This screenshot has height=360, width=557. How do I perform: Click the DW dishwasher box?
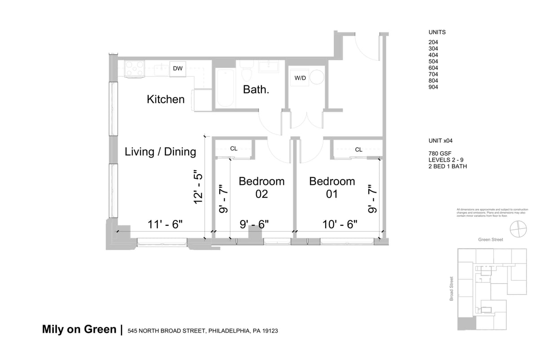[x=178, y=69]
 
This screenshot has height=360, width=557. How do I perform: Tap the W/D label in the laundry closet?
[x=300, y=78]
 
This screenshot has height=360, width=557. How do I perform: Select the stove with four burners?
[x=134, y=69]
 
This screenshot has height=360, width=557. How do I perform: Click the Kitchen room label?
[x=165, y=99]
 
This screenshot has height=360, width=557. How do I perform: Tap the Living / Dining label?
[x=160, y=152]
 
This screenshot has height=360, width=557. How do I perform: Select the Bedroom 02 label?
[x=261, y=188]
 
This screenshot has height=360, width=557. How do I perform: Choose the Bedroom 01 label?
[x=332, y=188]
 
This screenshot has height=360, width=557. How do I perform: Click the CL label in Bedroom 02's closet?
[x=234, y=149]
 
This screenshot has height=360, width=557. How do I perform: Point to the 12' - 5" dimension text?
[x=199, y=187]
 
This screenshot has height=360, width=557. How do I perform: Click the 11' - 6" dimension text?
[x=166, y=224]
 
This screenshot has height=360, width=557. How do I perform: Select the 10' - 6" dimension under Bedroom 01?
[x=340, y=224]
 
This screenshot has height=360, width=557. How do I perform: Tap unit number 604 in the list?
[x=433, y=68]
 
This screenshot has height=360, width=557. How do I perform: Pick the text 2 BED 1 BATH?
[x=448, y=167]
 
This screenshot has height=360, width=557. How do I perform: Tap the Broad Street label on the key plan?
[x=451, y=288]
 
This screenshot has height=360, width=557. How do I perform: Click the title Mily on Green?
[x=79, y=329]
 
